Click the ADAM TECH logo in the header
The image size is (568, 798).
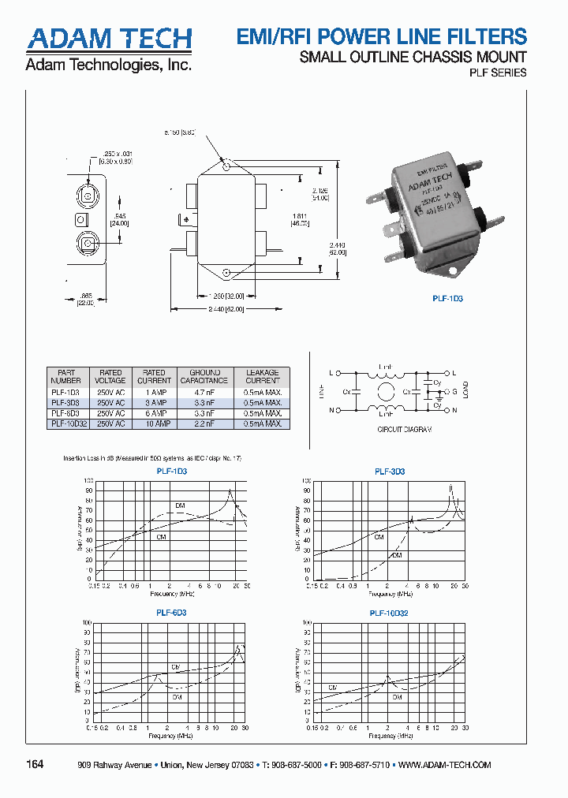point(109,38)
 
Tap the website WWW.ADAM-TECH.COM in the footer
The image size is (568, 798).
point(445,765)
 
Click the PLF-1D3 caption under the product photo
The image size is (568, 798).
point(447,299)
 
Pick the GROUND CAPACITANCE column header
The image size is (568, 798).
point(205,376)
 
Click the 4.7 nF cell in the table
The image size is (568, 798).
point(205,392)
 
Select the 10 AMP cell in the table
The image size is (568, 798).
point(154,423)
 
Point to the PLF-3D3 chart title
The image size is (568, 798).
point(390,472)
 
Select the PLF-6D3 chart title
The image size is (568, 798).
point(171,613)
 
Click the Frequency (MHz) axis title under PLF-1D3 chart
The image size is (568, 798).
point(171,593)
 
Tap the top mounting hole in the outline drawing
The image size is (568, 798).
point(226,166)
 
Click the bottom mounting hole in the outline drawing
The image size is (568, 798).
point(226,274)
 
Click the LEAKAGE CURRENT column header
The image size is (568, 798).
point(262,376)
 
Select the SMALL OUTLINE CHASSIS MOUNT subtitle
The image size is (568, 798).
point(413,57)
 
